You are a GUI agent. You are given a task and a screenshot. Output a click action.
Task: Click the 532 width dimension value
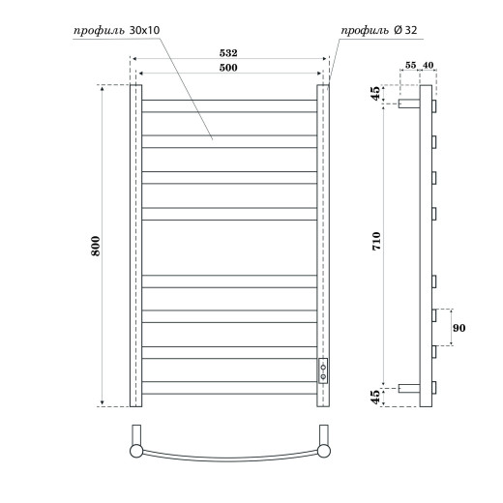tap(229, 54)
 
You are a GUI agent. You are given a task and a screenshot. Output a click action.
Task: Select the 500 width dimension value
tap(229, 68)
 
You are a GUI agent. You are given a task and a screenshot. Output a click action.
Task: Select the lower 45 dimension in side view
tap(377, 397)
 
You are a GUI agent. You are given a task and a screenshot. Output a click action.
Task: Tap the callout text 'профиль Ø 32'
tap(376, 31)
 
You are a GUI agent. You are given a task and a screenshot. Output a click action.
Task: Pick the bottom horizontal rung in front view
tap(229, 395)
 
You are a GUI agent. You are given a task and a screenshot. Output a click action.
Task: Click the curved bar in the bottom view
tap(229, 459)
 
